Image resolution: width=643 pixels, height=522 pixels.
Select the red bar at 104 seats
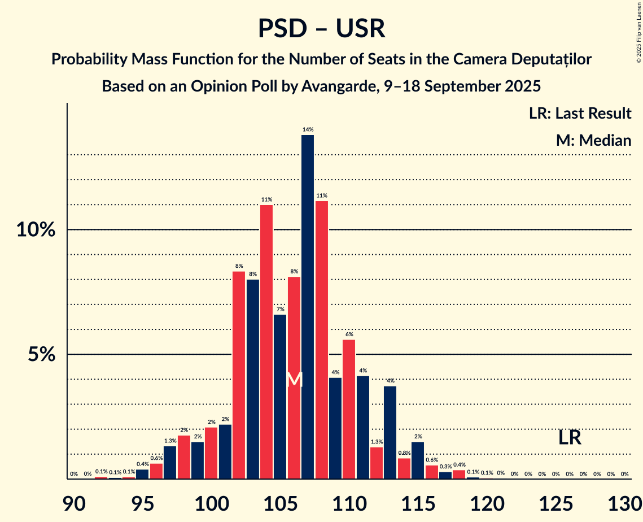coord(266,342)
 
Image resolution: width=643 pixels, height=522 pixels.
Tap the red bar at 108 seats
coord(322,340)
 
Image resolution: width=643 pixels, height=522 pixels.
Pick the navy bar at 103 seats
coord(252,379)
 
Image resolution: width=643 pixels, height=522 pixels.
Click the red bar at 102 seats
coord(239,375)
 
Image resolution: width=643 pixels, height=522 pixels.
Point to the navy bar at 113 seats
coord(390,432)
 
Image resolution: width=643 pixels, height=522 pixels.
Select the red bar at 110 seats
coord(349,409)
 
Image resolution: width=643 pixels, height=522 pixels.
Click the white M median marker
coord(294,379)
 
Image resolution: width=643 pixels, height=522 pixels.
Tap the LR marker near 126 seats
coord(570,437)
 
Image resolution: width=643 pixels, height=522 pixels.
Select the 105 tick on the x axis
coord(280,502)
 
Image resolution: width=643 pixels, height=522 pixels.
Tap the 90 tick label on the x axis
coord(74,502)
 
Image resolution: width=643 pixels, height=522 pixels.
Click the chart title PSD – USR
coord(321,29)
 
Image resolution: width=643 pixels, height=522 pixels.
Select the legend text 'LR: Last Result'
coord(580,114)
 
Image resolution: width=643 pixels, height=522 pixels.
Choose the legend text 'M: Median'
coord(593,140)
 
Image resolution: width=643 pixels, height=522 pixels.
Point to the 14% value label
coord(308,129)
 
